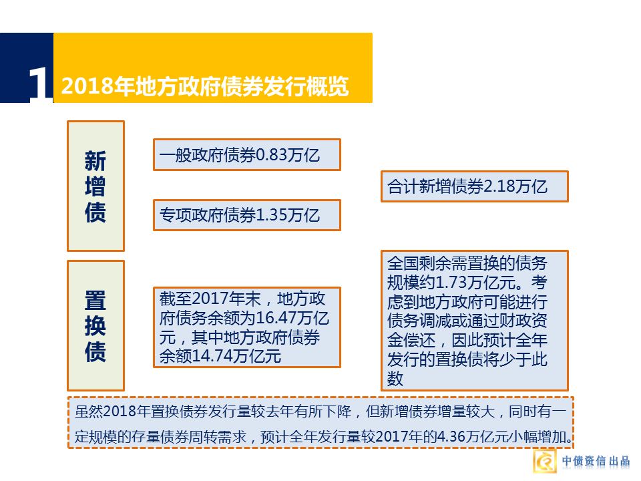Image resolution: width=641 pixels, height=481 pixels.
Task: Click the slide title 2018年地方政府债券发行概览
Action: tap(204, 87)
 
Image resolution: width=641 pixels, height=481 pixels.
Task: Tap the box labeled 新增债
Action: tap(95, 186)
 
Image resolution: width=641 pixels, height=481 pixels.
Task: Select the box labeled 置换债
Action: tap(95, 325)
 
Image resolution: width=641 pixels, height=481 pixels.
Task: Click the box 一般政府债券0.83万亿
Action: tap(246, 155)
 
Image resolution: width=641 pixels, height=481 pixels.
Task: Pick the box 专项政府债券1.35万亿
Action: tap(246, 215)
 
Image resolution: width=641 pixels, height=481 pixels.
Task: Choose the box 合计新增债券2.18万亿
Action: tap(474, 186)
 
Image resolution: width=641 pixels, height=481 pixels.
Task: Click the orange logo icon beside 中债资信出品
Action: tap(546, 461)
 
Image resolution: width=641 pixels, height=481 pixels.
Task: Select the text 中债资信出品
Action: tap(596, 461)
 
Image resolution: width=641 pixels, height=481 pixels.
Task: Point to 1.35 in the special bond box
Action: tap(271, 216)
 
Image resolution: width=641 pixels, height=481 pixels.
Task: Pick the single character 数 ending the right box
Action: tap(395, 379)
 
